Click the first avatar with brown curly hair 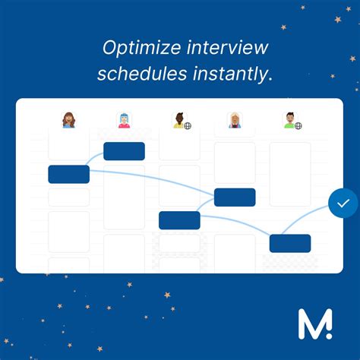click(x=69, y=120)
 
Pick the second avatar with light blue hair click(x=124, y=120)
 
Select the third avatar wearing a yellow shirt click(x=178, y=120)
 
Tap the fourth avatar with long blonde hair click(x=235, y=120)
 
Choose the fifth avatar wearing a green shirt click(x=289, y=120)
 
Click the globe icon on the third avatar click(x=187, y=125)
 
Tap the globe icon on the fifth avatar click(x=298, y=125)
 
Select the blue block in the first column click(x=69, y=174)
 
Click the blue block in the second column click(x=124, y=151)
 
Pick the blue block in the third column click(x=179, y=220)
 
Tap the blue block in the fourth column click(x=235, y=197)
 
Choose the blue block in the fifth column click(x=290, y=243)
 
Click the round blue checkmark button click(x=343, y=204)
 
